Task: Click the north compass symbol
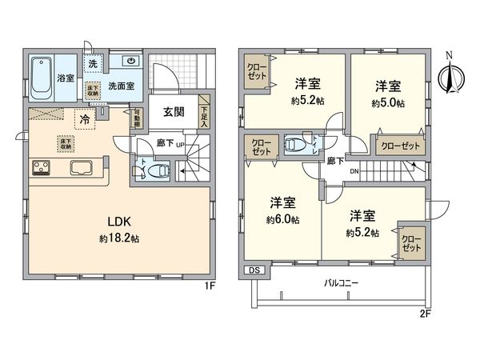[450, 78]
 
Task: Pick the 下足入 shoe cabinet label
[204, 117]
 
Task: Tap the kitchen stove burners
[41, 168]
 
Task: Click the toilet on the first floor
[158, 170]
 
